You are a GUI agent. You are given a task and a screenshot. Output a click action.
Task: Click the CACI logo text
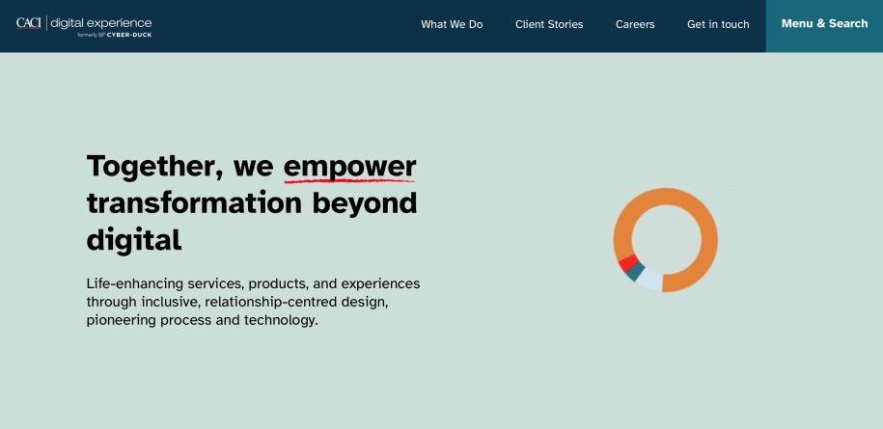[29, 22]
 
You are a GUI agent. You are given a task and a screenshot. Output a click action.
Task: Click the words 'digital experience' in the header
[101, 22]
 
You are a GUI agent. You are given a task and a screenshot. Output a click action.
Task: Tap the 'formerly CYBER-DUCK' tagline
[114, 34]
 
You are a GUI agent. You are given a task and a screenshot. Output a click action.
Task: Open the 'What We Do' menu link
[452, 25]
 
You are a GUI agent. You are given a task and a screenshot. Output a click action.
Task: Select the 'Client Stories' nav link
[549, 25]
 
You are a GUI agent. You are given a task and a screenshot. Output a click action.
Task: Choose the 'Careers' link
[635, 25]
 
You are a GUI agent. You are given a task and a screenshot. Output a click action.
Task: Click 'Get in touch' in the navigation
[718, 25]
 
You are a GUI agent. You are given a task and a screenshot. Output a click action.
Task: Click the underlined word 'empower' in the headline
[349, 166]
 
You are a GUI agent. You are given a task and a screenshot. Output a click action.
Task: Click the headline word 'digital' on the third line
[134, 239]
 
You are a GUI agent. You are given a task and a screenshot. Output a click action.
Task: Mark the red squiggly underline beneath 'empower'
[349, 180]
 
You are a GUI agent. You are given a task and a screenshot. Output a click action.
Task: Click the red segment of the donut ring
[626, 262]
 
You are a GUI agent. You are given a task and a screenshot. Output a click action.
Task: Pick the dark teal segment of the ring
[634, 272]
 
